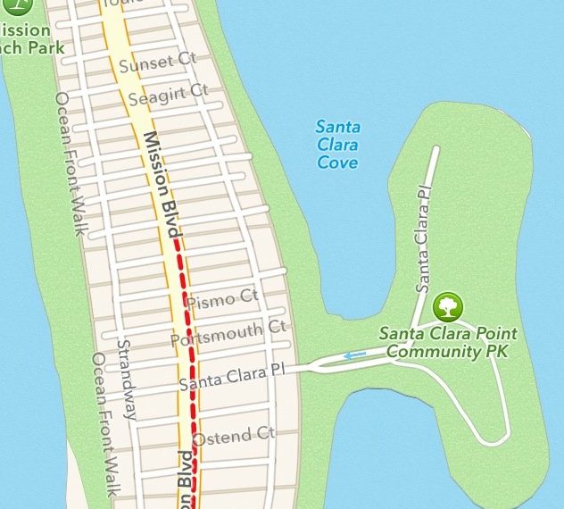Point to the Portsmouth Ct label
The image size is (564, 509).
(x=229, y=332)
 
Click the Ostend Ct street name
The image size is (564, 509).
(x=234, y=437)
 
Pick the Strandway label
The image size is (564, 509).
(x=128, y=379)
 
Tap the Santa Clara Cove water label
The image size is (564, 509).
(x=337, y=144)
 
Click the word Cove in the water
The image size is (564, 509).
(x=337, y=163)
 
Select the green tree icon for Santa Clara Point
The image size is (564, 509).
(x=448, y=308)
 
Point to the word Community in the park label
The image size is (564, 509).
(x=435, y=351)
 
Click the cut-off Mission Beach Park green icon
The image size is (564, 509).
(x=9, y=6)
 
